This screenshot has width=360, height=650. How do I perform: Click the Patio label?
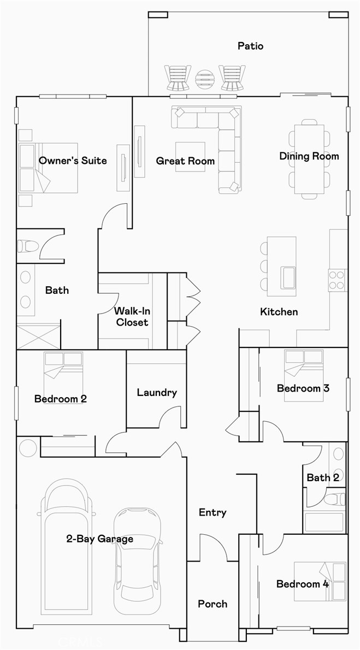[x=251, y=45]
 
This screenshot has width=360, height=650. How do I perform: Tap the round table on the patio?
[x=205, y=78]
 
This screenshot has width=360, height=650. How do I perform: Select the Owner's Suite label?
[x=73, y=161]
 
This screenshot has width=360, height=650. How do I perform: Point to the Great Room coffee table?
[x=190, y=157]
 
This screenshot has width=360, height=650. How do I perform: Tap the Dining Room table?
[x=309, y=159]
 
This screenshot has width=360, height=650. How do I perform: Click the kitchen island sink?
[x=288, y=277]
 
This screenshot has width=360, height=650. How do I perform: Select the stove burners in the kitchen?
[x=337, y=280]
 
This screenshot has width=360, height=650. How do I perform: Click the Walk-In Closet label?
[x=131, y=316]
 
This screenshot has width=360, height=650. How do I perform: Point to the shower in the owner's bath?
[x=38, y=336]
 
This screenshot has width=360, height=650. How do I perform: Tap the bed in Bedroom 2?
[x=63, y=377]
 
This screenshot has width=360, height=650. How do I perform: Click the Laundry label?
[x=157, y=393]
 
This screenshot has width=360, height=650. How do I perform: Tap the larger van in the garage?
[x=66, y=546]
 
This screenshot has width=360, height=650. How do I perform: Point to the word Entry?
[x=213, y=513]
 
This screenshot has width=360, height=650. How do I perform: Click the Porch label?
[x=213, y=604]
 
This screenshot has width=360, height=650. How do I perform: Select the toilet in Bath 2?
[x=334, y=499]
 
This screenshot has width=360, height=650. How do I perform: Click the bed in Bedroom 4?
[x=320, y=581]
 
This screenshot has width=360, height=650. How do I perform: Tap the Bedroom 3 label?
[x=303, y=388]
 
